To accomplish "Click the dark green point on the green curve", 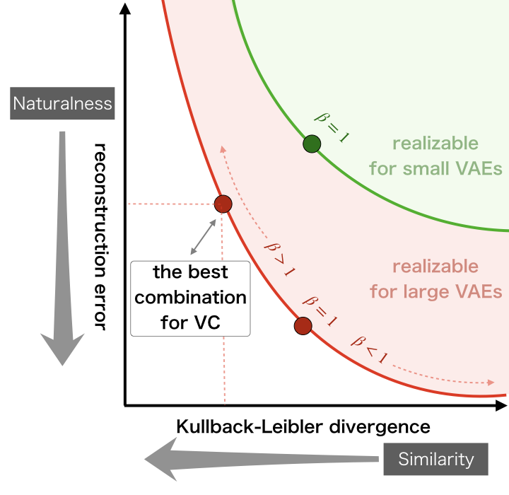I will coord(312,144).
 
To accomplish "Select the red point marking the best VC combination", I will coord(223,204).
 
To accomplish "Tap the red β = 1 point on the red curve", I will coord(303,325).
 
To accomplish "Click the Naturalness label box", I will coord(63,104).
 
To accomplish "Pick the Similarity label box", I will coord(435,459).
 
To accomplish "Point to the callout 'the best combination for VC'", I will coord(191,298).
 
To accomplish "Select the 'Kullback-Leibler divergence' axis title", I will coord(303,426).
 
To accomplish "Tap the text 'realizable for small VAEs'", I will coord(435,156).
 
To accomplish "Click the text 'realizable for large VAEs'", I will coord(435,279).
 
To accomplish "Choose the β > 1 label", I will coord(279,257).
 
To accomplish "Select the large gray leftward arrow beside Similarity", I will coord(262,460).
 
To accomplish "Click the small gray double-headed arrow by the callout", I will coord(204,236).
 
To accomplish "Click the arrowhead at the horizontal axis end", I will coord(501,406).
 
